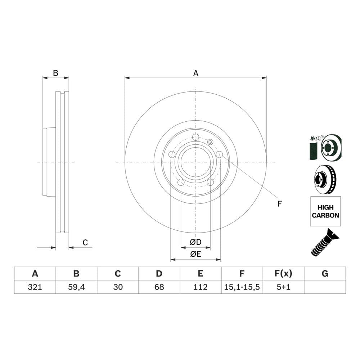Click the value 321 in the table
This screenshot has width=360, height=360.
35,287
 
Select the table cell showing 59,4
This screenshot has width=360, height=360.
76,287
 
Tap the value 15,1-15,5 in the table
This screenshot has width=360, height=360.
242,287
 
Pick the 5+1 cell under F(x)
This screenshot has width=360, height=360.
283,287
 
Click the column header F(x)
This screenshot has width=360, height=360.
283,274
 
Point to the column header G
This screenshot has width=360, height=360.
325,274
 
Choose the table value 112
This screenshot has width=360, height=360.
201,287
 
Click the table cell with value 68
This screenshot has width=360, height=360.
159,287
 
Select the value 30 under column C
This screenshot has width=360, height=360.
118,287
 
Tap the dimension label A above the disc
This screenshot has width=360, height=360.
195,73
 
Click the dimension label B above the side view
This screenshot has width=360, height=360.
55,73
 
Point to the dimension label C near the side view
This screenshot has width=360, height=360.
85,243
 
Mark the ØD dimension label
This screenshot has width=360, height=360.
195,242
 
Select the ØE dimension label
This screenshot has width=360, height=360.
195,254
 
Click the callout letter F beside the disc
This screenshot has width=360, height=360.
279,204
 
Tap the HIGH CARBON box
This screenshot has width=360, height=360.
325,211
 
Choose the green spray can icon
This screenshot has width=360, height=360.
313,148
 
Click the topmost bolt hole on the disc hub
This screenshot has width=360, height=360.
195,137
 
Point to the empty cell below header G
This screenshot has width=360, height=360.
325,287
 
